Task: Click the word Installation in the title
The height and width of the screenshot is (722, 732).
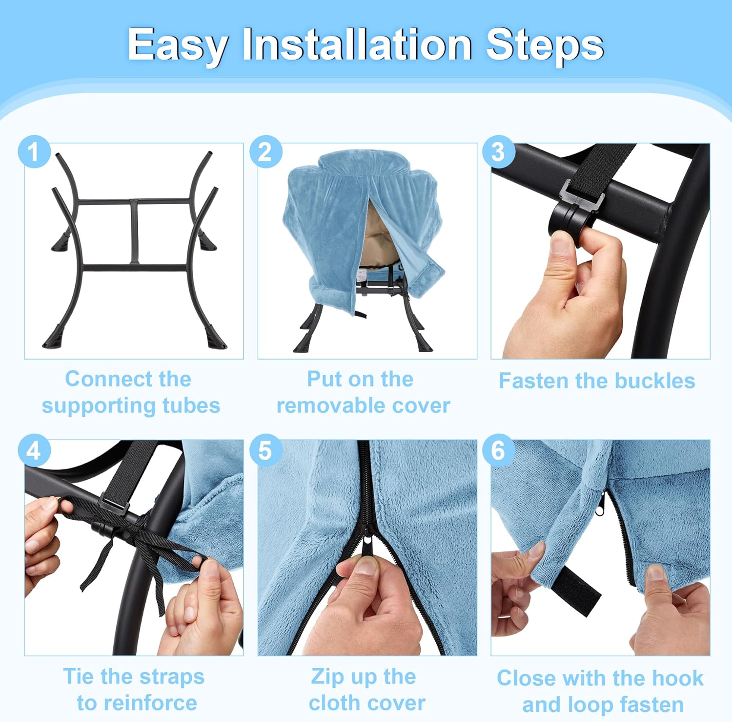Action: pos(357,45)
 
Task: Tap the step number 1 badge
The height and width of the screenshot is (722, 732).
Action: pos(34,151)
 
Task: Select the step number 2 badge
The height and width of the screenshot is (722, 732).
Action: pos(266,151)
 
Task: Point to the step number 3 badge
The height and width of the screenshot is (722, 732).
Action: pos(499,151)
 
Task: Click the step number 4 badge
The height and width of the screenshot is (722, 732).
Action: pos(34,450)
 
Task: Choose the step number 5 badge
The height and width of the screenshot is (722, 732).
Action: pos(266,450)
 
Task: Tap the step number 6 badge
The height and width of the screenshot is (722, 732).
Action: pos(499,450)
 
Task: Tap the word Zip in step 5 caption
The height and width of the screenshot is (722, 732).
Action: pos(327,678)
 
